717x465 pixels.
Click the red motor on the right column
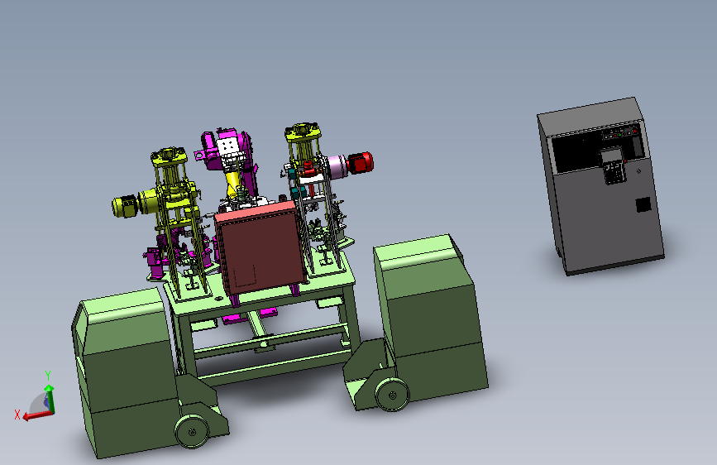[x=361, y=163]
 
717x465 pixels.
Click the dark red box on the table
[x=260, y=248]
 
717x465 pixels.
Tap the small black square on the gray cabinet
[x=643, y=204]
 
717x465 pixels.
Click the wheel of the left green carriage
[x=192, y=431]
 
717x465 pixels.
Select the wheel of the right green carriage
[x=392, y=395]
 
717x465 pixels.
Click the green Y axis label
[x=48, y=376]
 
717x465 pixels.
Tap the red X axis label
[x=17, y=415]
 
